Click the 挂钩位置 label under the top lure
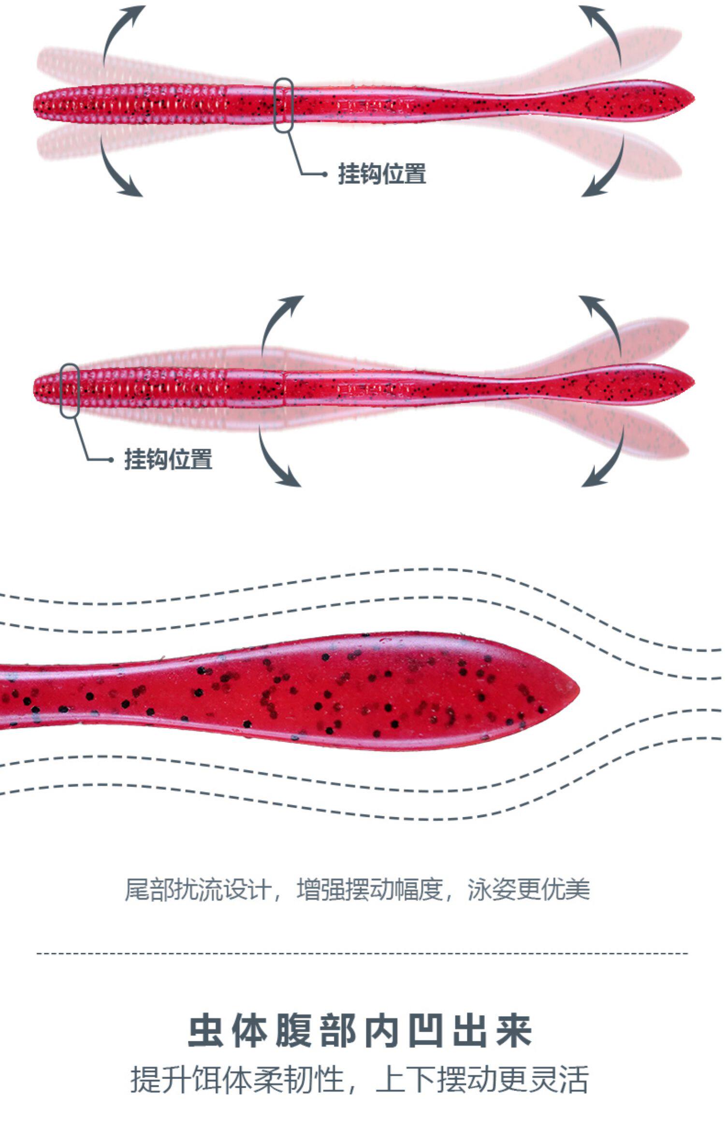(382, 174)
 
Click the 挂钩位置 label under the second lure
(168, 459)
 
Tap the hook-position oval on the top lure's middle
(283, 105)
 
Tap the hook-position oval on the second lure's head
(70, 391)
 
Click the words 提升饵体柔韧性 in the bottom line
(237, 1079)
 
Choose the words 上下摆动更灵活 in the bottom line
(482, 1079)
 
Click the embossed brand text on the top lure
(375, 104)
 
